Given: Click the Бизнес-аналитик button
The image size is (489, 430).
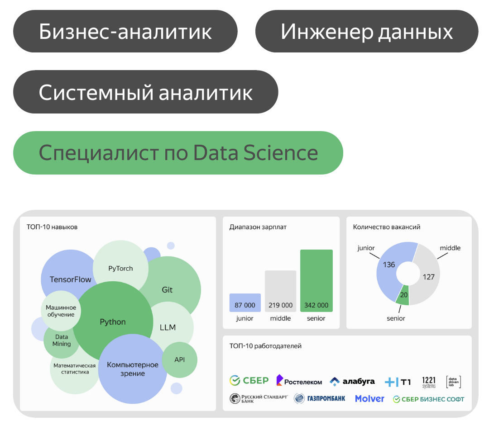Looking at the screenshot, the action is [125, 31].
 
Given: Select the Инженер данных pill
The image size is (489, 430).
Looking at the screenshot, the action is [367, 31].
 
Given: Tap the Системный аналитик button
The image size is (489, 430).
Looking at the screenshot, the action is [146, 92].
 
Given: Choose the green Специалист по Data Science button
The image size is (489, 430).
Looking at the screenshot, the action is [178, 152].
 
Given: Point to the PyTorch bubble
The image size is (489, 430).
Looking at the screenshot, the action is [120, 266].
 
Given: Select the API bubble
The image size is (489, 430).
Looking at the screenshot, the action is [180, 359].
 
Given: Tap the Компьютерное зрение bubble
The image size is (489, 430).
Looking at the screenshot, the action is [133, 369].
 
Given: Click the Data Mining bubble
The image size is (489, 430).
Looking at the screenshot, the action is [61, 341].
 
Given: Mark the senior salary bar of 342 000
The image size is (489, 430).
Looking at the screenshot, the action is [316, 280].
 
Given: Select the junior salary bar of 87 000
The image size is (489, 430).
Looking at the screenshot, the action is [245, 302].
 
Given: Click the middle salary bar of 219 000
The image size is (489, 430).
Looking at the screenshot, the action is [280, 291].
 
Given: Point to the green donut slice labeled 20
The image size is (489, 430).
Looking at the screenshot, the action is [403, 295].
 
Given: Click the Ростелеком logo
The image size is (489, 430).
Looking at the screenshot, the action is [299, 381].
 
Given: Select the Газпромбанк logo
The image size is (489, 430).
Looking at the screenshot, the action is [320, 398].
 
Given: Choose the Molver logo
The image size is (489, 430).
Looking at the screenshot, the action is [369, 398].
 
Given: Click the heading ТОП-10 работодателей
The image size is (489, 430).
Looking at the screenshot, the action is [265, 346].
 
